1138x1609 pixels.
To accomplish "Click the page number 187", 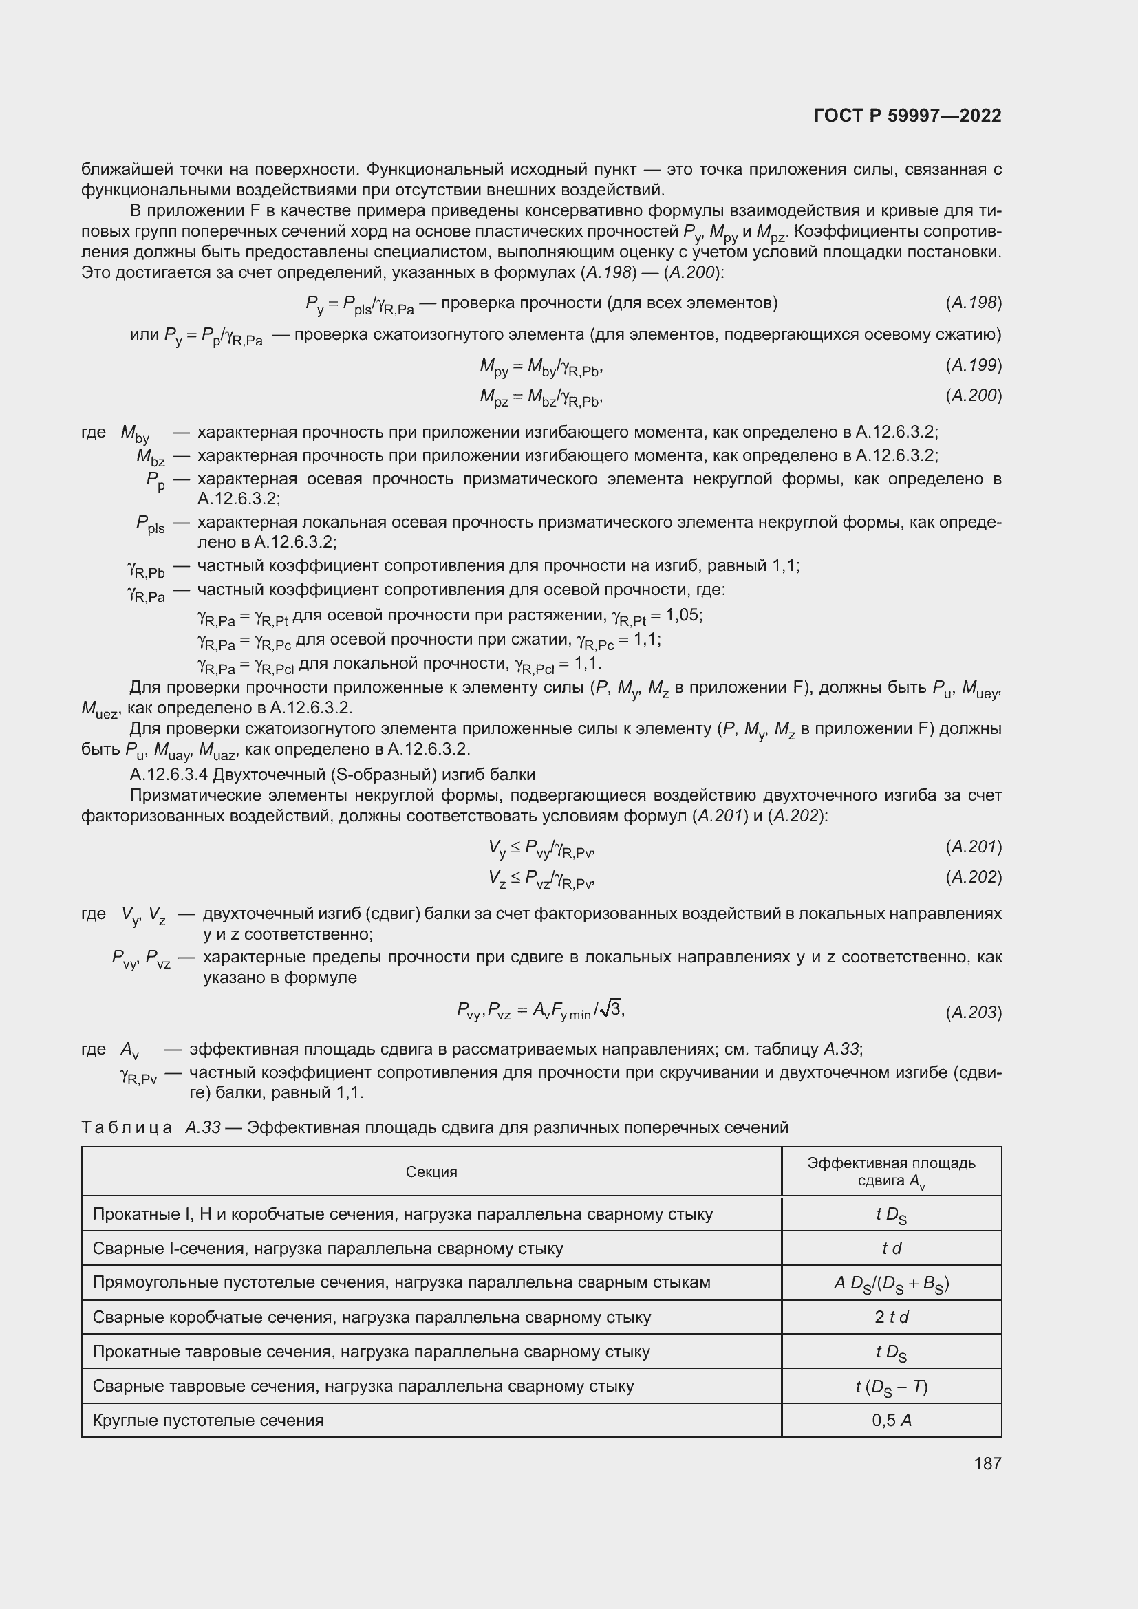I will pos(987,1463).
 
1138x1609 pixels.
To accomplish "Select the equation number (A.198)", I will pos(974,303).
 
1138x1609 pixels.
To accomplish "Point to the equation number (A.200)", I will pos(974,396).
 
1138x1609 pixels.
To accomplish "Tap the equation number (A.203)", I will pos(974,1013).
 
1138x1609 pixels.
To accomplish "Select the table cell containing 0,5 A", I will pos(891,1421).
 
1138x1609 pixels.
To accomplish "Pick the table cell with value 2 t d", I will pos(891,1317).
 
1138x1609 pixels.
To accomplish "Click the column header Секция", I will pos(431,1171).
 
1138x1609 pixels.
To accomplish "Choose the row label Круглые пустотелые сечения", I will pos(208,1421).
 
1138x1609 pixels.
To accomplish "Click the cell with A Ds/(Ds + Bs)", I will pos(891,1283).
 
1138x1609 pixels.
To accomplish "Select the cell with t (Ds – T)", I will pos(891,1386).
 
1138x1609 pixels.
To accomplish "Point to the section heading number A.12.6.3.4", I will pos(169,775).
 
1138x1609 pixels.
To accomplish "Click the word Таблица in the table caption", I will pos(127,1127).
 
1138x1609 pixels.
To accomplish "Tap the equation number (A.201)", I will pos(974,847).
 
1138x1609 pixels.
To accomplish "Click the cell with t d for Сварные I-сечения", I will pos(891,1249).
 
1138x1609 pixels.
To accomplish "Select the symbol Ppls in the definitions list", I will pos(150,523).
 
